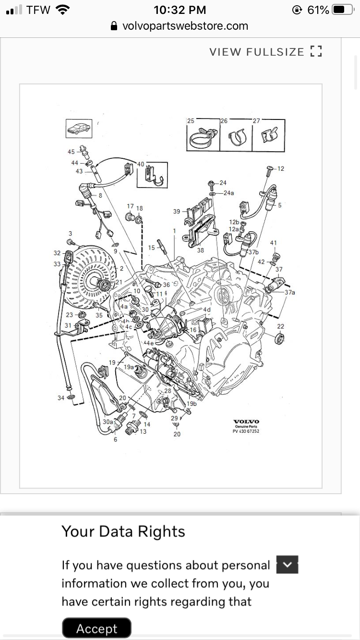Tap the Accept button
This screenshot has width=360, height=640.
[x=97, y=628]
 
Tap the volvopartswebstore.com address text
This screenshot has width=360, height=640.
[x=185, y=26]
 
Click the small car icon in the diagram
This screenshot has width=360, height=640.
[x=78, y=129]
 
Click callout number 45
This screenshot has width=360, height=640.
[x=71, y=152]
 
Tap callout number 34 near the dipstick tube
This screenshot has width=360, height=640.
[x=61, y=398]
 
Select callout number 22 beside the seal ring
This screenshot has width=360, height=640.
[x=281, y=326]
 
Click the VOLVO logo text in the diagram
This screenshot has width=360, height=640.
[x=246, y=421]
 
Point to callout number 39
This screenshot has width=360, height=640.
[x=177, y=212]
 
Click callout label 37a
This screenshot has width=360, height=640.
[x=289, y=292]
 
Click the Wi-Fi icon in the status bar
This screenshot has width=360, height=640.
[x=63, y=10]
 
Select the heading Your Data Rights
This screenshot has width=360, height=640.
[x=123, y=532]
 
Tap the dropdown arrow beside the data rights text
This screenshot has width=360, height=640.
[x=288, y=565]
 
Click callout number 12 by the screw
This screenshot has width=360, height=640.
[x=281, y=168]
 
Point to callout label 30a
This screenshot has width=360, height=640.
[x=108, y=422]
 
